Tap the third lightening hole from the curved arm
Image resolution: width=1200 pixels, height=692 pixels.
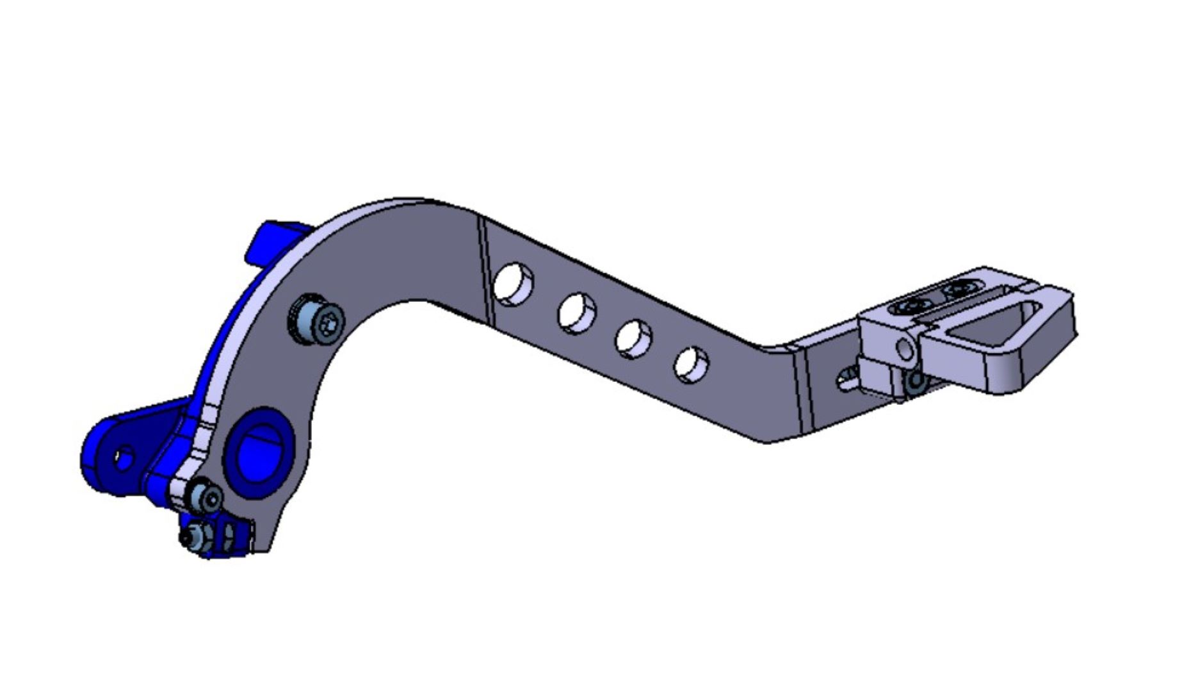633,338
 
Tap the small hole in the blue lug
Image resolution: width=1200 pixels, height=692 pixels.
124,457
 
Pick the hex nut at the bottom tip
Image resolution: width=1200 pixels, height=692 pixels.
194,537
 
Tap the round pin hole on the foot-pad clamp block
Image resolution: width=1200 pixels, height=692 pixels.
904,349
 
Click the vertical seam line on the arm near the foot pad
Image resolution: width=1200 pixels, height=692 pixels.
799,391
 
